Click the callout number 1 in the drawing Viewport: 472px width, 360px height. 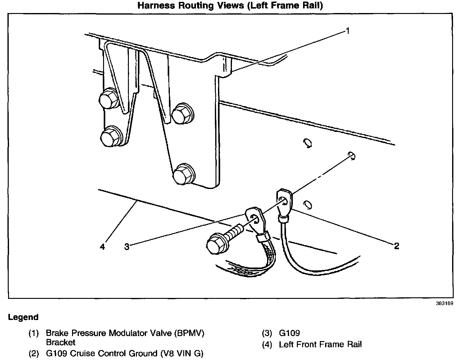(348, 31)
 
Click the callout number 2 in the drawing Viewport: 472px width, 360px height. (396, 246)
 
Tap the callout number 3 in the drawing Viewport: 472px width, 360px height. (126, 247)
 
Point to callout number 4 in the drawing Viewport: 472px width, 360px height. (102, 247)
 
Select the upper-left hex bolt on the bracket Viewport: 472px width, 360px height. (108, 99)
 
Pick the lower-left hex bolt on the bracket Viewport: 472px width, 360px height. (110, 137)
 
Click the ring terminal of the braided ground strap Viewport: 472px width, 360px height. (255, 218)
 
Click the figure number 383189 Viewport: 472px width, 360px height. (444, 304)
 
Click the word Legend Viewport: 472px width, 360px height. (23, 317)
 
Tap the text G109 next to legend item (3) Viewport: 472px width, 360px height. (289, 333)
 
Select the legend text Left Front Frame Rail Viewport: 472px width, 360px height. (320, 344)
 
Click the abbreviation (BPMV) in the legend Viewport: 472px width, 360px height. (189, 333)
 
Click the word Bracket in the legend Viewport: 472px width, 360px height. (61, 343)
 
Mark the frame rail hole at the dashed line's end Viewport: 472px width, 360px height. (352, 155)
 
